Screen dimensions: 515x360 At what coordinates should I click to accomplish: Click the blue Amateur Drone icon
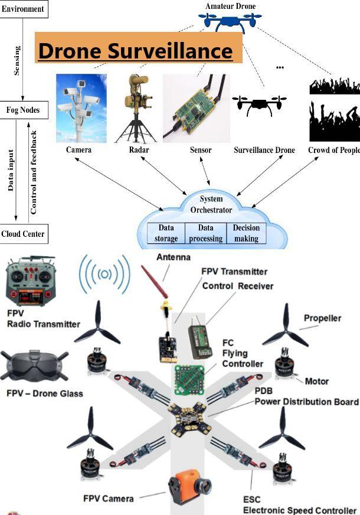231,22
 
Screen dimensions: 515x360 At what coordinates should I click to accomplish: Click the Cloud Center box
23,234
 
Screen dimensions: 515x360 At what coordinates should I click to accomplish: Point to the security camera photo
81,108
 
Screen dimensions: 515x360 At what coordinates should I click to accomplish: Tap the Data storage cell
166,233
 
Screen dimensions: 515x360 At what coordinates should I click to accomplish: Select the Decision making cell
246,233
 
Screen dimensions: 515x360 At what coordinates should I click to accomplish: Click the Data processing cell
205,233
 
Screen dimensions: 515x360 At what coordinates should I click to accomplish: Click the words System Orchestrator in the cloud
211,204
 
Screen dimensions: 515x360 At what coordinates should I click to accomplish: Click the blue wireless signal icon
105,273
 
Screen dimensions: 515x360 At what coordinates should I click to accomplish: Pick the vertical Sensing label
17,60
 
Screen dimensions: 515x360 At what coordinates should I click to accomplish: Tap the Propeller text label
322,318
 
